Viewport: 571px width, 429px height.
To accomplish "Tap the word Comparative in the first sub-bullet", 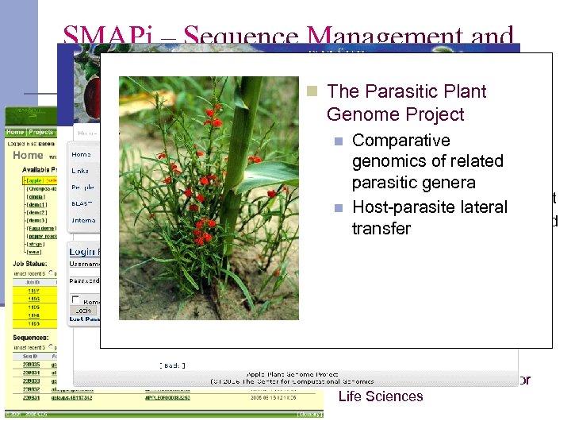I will point(400,141).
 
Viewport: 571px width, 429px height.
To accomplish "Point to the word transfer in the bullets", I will point(381,229).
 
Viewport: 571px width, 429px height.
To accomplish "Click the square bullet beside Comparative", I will point(338,141).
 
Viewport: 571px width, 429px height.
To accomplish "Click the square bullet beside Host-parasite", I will point(338,208).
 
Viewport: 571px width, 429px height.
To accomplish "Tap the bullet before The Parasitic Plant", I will point(313,91).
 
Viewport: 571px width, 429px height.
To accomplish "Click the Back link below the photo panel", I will point(172,365).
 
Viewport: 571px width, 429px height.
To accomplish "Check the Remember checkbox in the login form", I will point(76,300).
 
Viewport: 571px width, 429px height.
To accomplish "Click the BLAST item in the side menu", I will point(82,203).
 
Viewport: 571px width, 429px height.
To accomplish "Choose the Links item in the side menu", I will point(80,171).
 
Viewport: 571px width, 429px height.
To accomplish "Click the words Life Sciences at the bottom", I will point(381,396).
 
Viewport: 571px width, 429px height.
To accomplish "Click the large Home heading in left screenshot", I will point(27,156).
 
